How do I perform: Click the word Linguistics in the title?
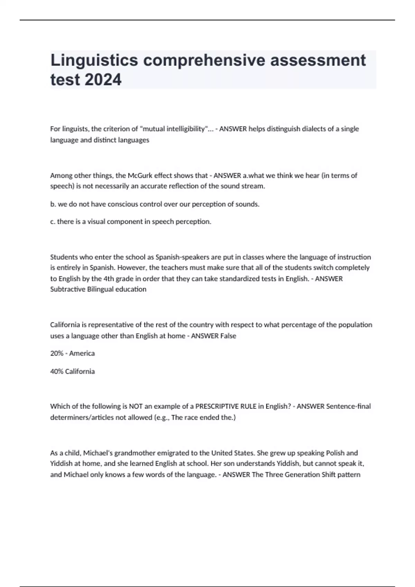[x=94, y=61]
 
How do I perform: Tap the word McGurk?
[x=140, y=175]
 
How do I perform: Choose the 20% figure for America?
[x=57, y=354]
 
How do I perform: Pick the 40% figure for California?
[x=57, y=372]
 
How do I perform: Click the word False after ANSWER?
[x=228, y=336]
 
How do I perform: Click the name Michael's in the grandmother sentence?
[x=98, y=453]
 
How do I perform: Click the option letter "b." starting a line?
[x=53, y=204]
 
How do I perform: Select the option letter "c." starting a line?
[x=53, y=222]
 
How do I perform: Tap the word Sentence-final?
[x=348, y=406]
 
